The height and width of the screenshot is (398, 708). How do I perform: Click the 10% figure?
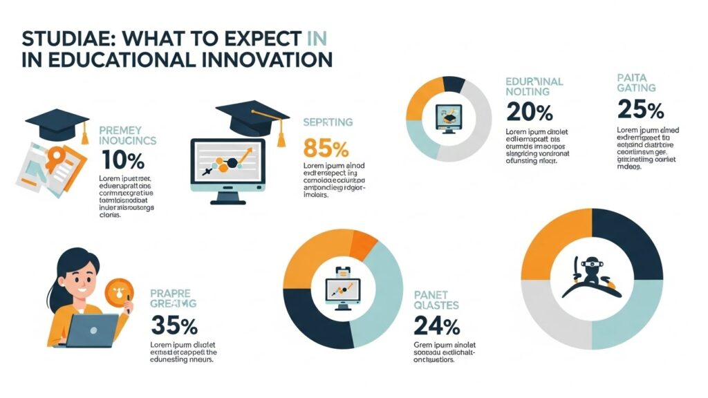[122, 161]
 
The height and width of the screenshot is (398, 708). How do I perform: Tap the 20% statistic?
[530, 111]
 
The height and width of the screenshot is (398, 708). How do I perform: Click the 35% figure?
[174, 325]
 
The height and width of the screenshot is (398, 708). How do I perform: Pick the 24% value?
[436, 325]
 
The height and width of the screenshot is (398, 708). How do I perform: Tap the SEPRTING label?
[328, 122]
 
